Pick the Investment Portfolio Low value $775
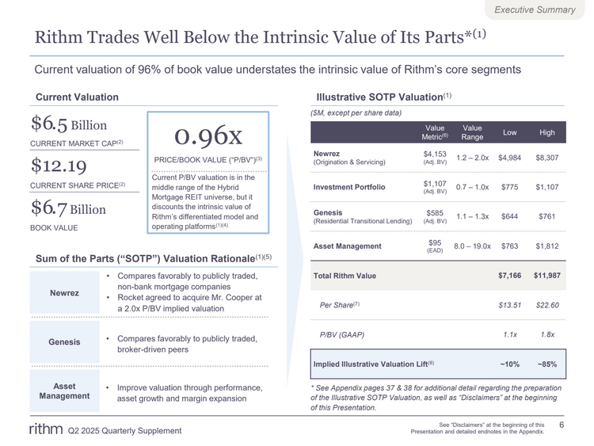pyautogui.click(x=509, y=187)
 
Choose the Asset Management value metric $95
pyautogui.click(x=435, y=242)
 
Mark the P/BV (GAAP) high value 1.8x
pyautogui.click(x=547, y=334)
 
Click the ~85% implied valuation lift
pyautogui.click(x=547, y=364)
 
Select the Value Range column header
pyautogui.click(x=472, y=132)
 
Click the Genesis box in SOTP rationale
pyautogui.click(x=64, y=342)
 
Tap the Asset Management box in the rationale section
pyautogui.click(x=64, y=391)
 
